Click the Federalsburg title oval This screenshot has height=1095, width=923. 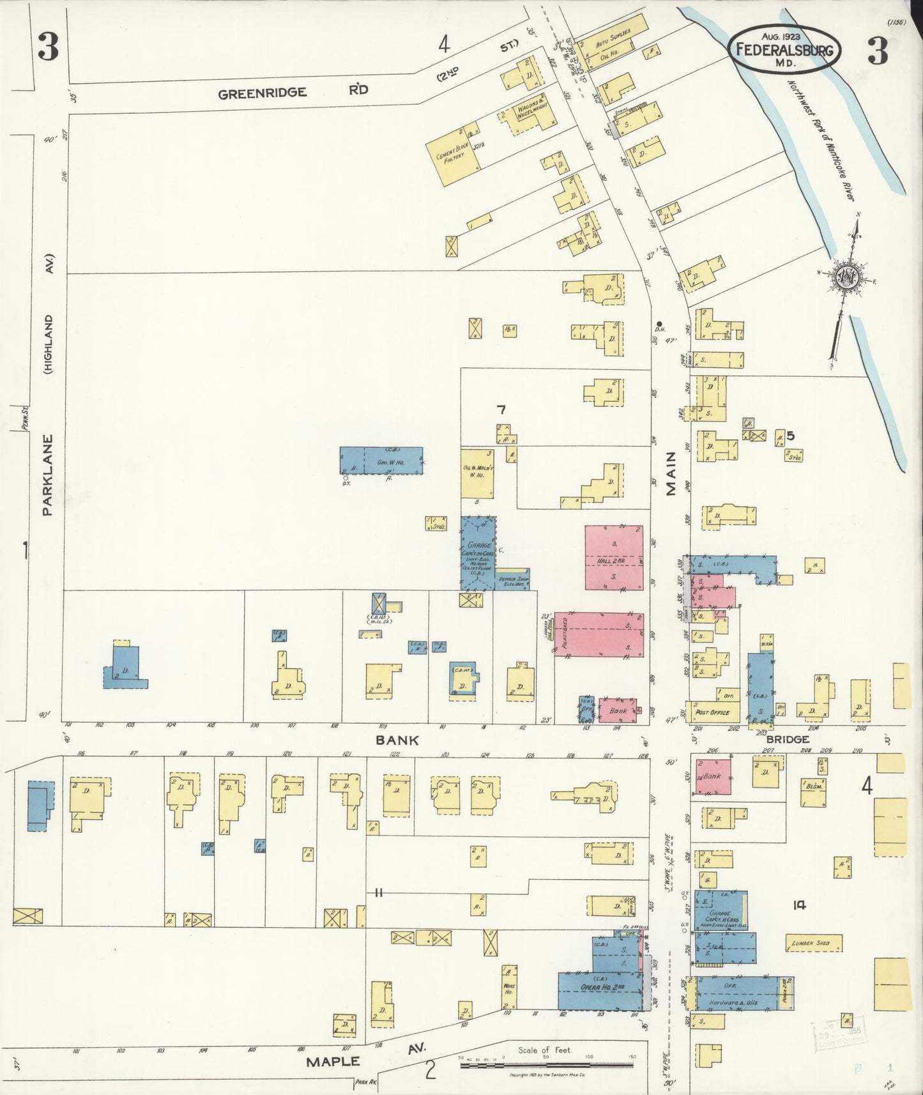(785, 48)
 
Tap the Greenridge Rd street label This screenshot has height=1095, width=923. (293, 92)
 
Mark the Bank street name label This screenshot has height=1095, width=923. (397, 740)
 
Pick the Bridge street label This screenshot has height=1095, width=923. (788, 739)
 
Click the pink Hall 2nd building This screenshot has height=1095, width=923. (613, 558)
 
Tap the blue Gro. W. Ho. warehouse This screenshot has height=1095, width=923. (381, 460)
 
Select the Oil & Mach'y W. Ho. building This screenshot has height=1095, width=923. (478, 473)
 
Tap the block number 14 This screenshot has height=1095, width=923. (798, 905)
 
